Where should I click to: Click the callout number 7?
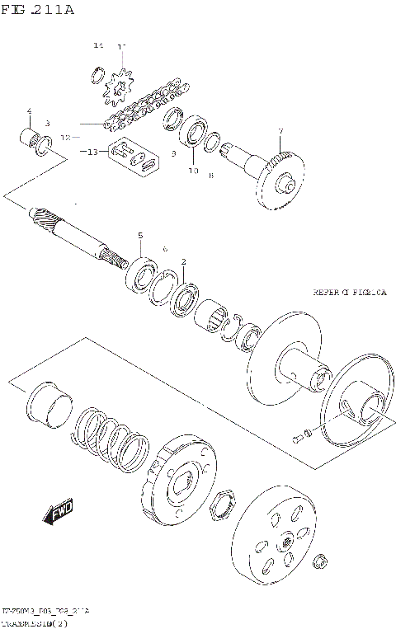pos(280,132)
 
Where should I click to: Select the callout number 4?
pos(29,111)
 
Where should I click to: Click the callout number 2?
pos(183,262)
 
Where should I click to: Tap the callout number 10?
pos(193,171)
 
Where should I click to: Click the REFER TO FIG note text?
pos(349,292)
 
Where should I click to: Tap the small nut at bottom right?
pos(319,563)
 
